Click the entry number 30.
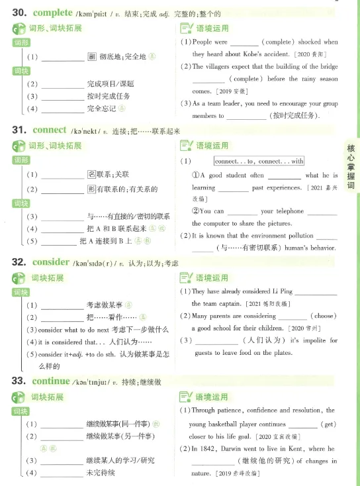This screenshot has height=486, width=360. tap(20, 13)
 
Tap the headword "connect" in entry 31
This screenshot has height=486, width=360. tap(49, 130)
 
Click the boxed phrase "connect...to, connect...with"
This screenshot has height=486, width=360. tap(259, 161)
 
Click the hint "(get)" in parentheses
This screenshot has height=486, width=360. tap(328, 424)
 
